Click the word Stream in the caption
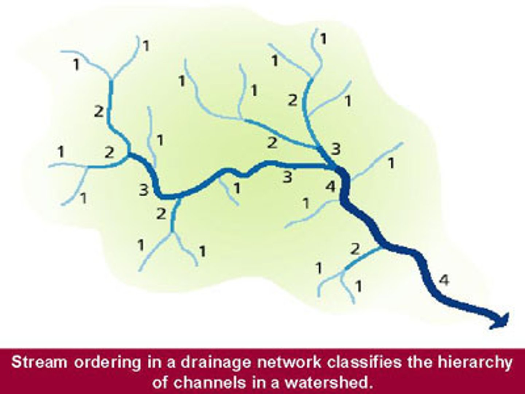point(39,363)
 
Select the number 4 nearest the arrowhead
point(444,280)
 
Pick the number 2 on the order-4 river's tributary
point(355,250)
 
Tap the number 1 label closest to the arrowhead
point(359,286)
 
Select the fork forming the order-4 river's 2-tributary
point(344,270)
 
